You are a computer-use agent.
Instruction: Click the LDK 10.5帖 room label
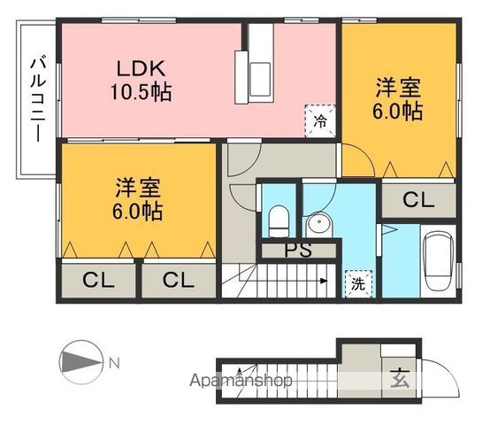click(x=139, y=80)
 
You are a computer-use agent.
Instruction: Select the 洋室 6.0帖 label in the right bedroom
click(x=398, y=99)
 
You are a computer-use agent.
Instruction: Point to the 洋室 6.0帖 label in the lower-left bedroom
click(x=138, y=199)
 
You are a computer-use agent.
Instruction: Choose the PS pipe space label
click(x=298, y=250)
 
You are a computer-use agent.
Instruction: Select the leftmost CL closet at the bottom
click(x=99, y=281)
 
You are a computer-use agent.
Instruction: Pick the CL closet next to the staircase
click(x=179, y=281)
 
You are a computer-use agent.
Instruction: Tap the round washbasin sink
click(x=317, y=223)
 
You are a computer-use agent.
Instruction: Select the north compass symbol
click(x=80, y=363)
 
